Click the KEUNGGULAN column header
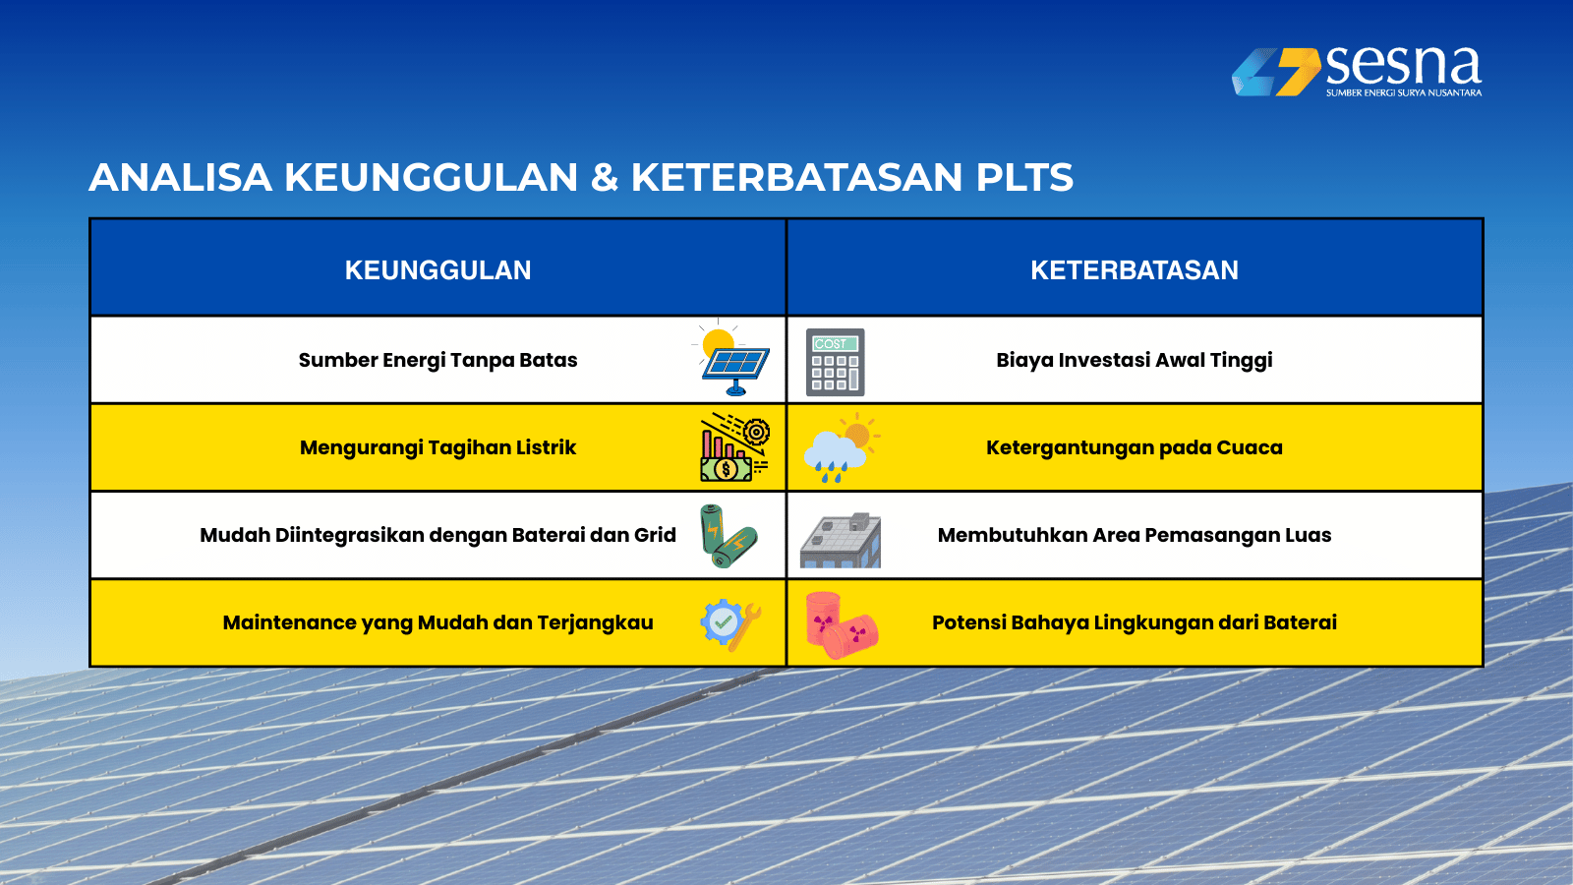coord(437,270)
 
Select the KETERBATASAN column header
coord(1135,270)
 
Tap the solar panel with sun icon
coord(732,359)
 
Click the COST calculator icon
coord(835,362)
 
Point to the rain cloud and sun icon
coord(842,447)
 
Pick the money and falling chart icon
coord(734,447)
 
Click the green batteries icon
coord(728,535)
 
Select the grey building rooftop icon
coord(841,540)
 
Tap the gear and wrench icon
coord(730,624)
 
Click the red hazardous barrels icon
coord(842,624)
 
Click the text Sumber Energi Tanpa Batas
coord(437,360)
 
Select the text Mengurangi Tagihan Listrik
coord(437,448)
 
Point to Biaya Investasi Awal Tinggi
coord(1135,360)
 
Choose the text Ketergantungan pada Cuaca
coord(1135,448)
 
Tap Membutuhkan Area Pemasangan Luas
coord(1135,535)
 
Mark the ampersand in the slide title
coord(604,177)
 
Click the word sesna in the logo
coord(1403,65)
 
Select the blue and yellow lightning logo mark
coord(1276,72)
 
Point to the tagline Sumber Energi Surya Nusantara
coord(1404,92)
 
